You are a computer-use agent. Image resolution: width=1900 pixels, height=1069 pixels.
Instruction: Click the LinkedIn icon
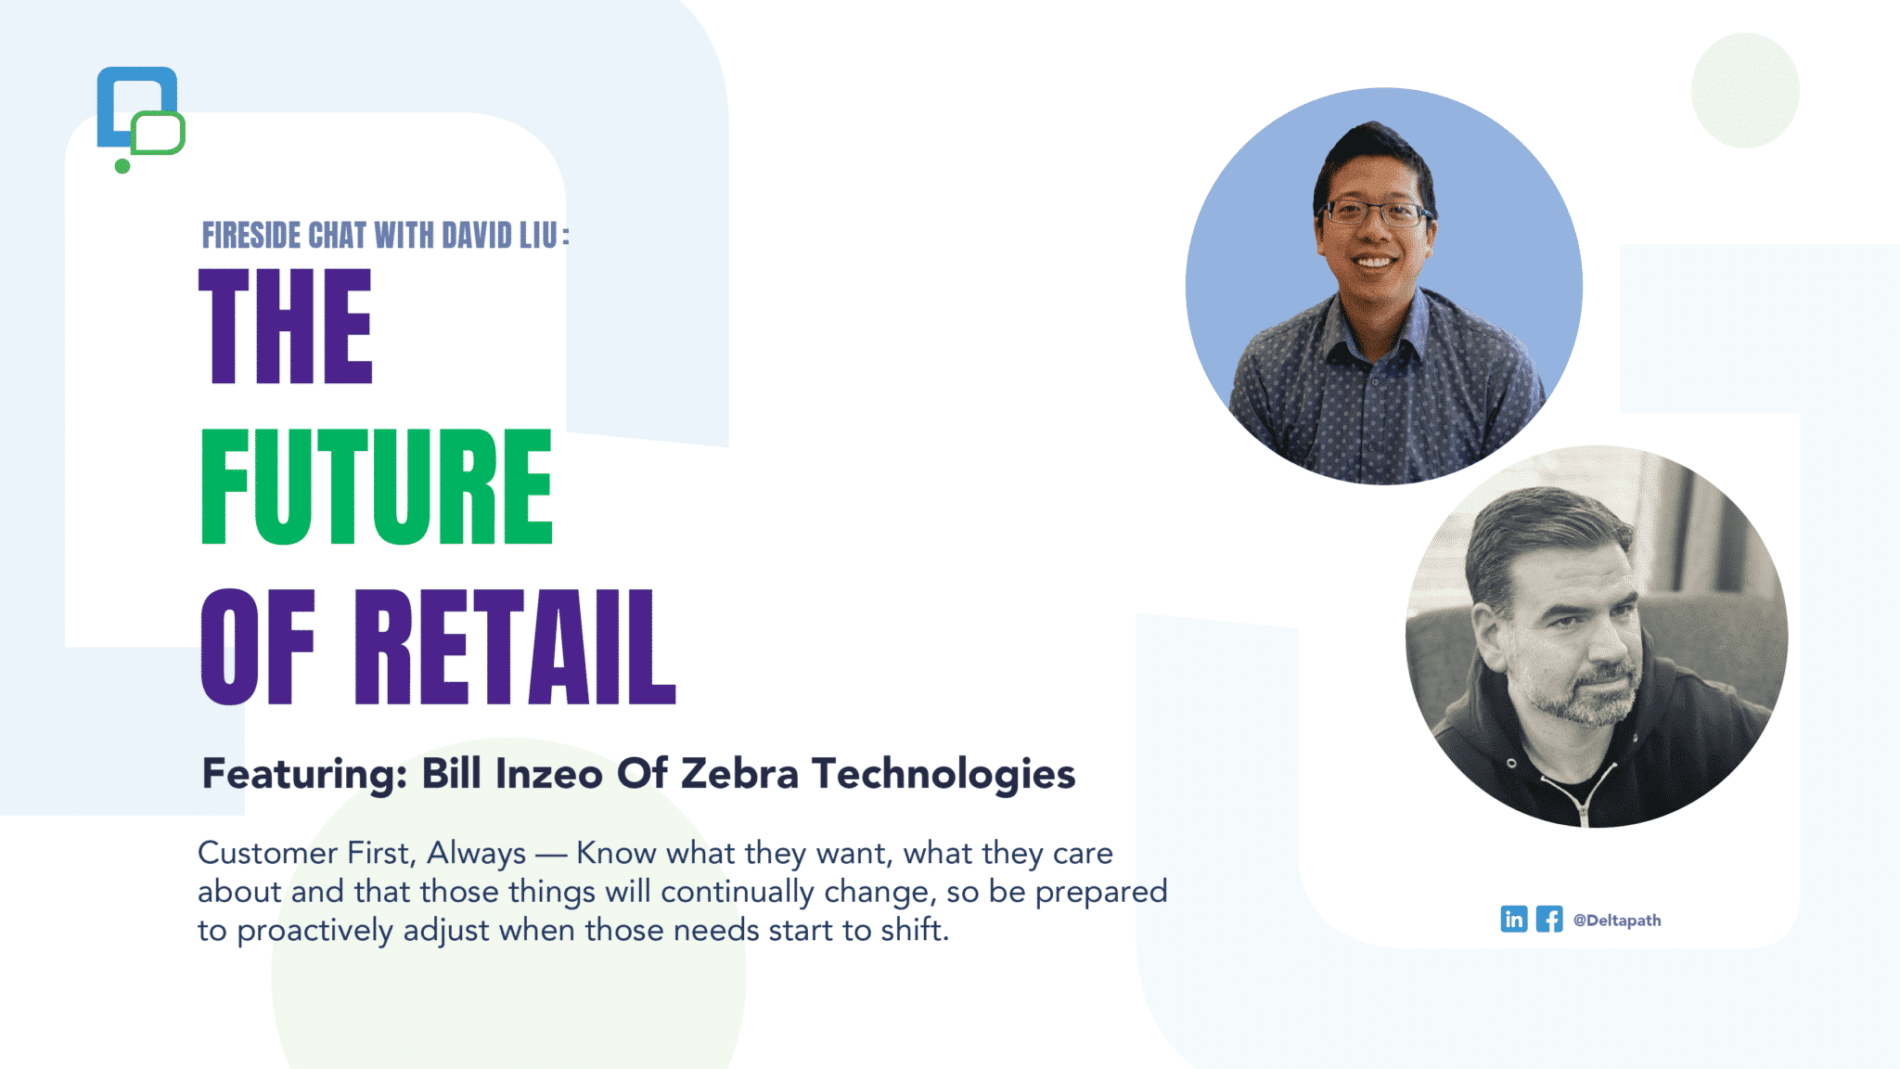click(x=1513, y=919)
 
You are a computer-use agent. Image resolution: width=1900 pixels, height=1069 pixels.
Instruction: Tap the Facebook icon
click(x=1549, y=919)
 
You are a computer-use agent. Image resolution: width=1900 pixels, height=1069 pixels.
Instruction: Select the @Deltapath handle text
click(x=1617, y=921)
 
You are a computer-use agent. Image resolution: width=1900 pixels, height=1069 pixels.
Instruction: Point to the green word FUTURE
click(x=377, y=486)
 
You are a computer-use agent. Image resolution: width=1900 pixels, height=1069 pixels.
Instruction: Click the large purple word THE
click(x=286, y=326)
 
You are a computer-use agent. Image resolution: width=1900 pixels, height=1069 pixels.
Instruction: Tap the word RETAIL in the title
click(x=515, y=647)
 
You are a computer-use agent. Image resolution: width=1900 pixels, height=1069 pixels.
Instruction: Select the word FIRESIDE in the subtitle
click(x=252, y=236)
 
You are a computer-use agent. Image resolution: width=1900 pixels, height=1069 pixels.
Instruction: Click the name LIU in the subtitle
click(x=538, y=236)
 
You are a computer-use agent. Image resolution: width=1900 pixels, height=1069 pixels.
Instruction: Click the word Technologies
click(x=944, y=775)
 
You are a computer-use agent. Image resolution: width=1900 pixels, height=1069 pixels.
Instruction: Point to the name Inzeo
click(x=549, y=773)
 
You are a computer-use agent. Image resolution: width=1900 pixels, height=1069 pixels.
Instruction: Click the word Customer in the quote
click(x=267, y=853)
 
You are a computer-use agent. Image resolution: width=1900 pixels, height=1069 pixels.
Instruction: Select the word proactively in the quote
click(x=315, y=931)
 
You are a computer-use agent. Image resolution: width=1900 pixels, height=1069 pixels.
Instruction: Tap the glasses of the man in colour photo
click(x=1376, y=214)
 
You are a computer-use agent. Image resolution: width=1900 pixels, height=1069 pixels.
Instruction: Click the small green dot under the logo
click(x=122, y=166)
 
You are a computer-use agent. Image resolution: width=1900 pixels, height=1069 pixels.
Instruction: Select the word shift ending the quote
click(x=914, y=929)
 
